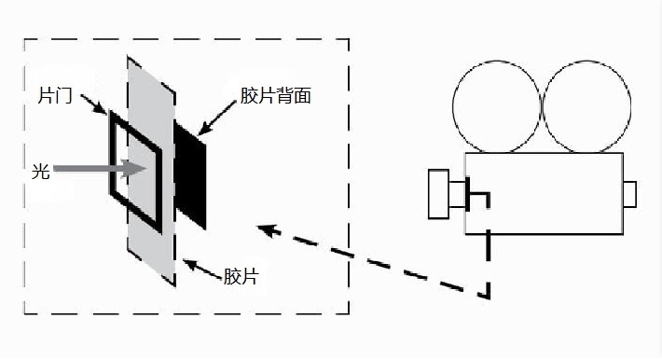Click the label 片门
pos(55,95)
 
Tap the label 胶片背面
pos(276,96)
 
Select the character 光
pos(40,172)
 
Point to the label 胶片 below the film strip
pos(241,277)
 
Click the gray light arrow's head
pos(133,168)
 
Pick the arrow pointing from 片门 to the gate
pos(94,104)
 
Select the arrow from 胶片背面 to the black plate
pos(217,118)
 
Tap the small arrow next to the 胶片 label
pos(202,270)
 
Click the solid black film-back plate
pos(190,174)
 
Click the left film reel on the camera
pos(496,106)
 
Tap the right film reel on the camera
pos(586,106)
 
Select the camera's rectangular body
pos(545,193)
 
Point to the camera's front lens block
pos(438,194)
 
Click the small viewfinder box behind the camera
pos(630,194)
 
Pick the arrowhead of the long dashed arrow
pos(269,230)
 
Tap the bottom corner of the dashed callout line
pos(489,297)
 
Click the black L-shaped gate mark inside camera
pos(478,194)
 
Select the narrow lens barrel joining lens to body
pos(457,194)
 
